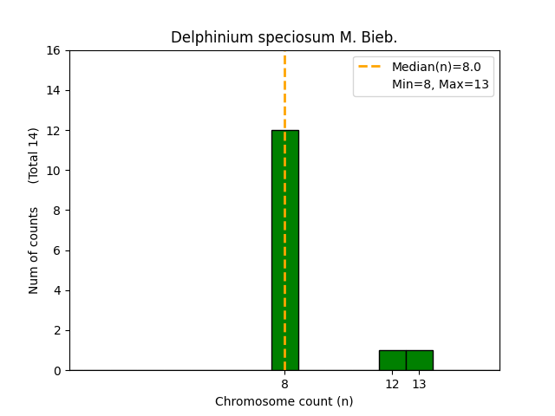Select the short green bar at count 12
click(x=392, y=360)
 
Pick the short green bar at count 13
click(x=419, y=360)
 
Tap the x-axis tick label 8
click(x=284, y=384)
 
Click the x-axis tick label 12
click(x=392, y=384)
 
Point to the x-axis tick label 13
click(x=419, y=384)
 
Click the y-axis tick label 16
click(x=54, y=50)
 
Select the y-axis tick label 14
click(x=54, y=90)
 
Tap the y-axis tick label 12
click(x=54, y=131)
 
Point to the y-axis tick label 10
click(x=54, y=171)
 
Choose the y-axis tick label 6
click(x=57, y=250)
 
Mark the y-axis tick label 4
click(x=57, y=290)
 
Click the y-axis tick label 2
click(x=57, y=330)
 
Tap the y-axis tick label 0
click(x=57, y=370)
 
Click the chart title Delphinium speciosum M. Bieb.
click(x=284, y=37)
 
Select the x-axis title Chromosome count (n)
click(x=284, y=401)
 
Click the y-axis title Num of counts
click(x=34, y=250)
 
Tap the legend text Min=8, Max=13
click(x=441, y=84)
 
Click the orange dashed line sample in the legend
click(x=370, y=67)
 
